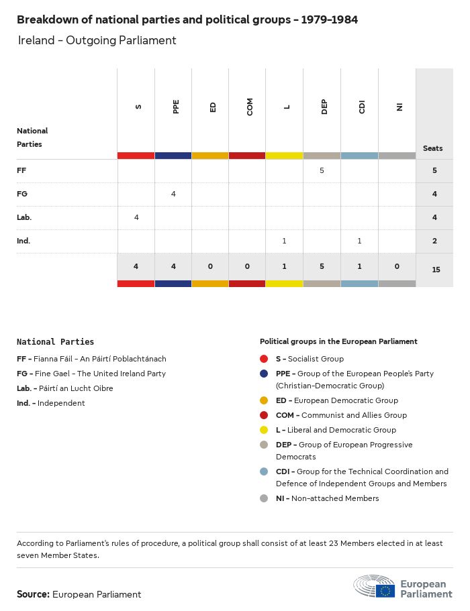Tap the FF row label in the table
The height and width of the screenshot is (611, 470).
[21, 170]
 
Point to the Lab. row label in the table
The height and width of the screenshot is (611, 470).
[24, 217]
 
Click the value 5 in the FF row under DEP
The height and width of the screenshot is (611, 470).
[322, 170]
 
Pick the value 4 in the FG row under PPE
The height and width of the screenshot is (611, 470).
[173, 194]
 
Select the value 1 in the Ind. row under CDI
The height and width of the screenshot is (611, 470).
[359, 241]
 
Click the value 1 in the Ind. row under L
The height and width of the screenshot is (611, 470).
[285, 241]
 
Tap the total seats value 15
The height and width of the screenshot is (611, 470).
[434, 270]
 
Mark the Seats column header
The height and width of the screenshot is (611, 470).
[433, 148]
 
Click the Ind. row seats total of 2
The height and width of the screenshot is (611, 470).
[434, 241]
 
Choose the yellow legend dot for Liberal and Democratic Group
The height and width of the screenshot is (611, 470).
[264, 430]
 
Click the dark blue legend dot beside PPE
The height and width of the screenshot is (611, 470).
[264, 374]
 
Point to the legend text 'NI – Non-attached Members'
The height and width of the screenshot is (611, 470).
[327, 498]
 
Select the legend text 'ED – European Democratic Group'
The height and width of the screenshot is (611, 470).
[336, 400]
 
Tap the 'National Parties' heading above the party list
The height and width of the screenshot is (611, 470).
[55, 342]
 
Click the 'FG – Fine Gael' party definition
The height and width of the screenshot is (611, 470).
[91, 374]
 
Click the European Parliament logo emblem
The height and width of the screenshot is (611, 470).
[375, 587]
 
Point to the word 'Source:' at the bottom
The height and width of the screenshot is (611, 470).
[33, 594]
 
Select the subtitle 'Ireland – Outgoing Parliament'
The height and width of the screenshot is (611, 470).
[97, 40]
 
